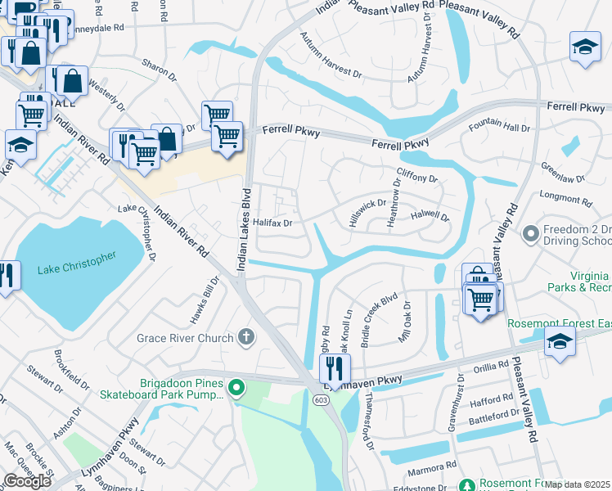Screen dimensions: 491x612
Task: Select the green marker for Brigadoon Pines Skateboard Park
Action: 236,387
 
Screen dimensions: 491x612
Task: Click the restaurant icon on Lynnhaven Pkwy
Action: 335,368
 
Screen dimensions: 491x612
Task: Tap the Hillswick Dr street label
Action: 367,214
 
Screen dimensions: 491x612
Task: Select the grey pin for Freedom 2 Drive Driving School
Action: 530,235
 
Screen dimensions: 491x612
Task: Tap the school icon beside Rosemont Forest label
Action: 560,342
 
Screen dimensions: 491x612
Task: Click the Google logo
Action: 27,481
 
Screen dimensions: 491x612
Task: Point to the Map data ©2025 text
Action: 578,484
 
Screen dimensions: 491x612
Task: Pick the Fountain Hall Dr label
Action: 499,128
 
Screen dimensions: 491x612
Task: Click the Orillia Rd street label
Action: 491,367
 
